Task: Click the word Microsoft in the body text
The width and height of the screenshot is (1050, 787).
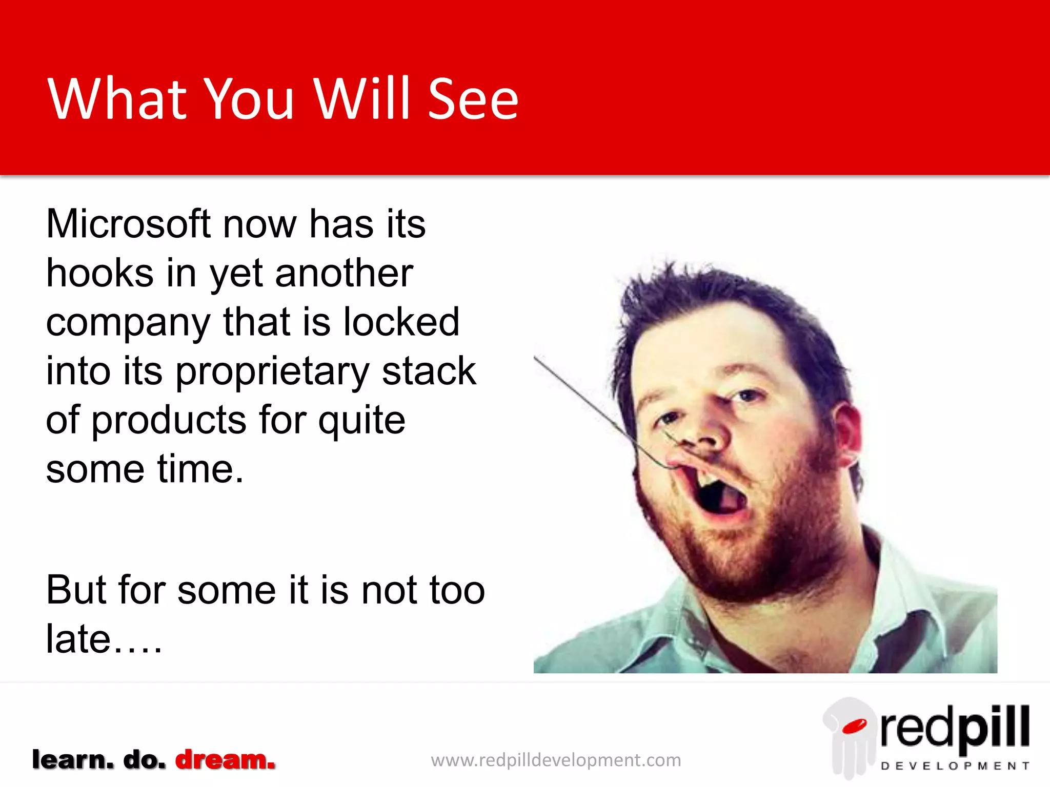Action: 128,224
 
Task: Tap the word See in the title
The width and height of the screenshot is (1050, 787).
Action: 473,99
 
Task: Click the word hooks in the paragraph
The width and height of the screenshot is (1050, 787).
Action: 99,273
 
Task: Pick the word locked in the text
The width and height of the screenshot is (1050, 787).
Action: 401,322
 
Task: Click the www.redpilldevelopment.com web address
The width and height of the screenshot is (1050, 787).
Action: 556,760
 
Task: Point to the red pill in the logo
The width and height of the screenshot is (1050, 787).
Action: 854,726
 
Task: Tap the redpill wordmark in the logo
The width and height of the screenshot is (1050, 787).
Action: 955,728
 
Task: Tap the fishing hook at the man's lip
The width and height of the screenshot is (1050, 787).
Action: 667,464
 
